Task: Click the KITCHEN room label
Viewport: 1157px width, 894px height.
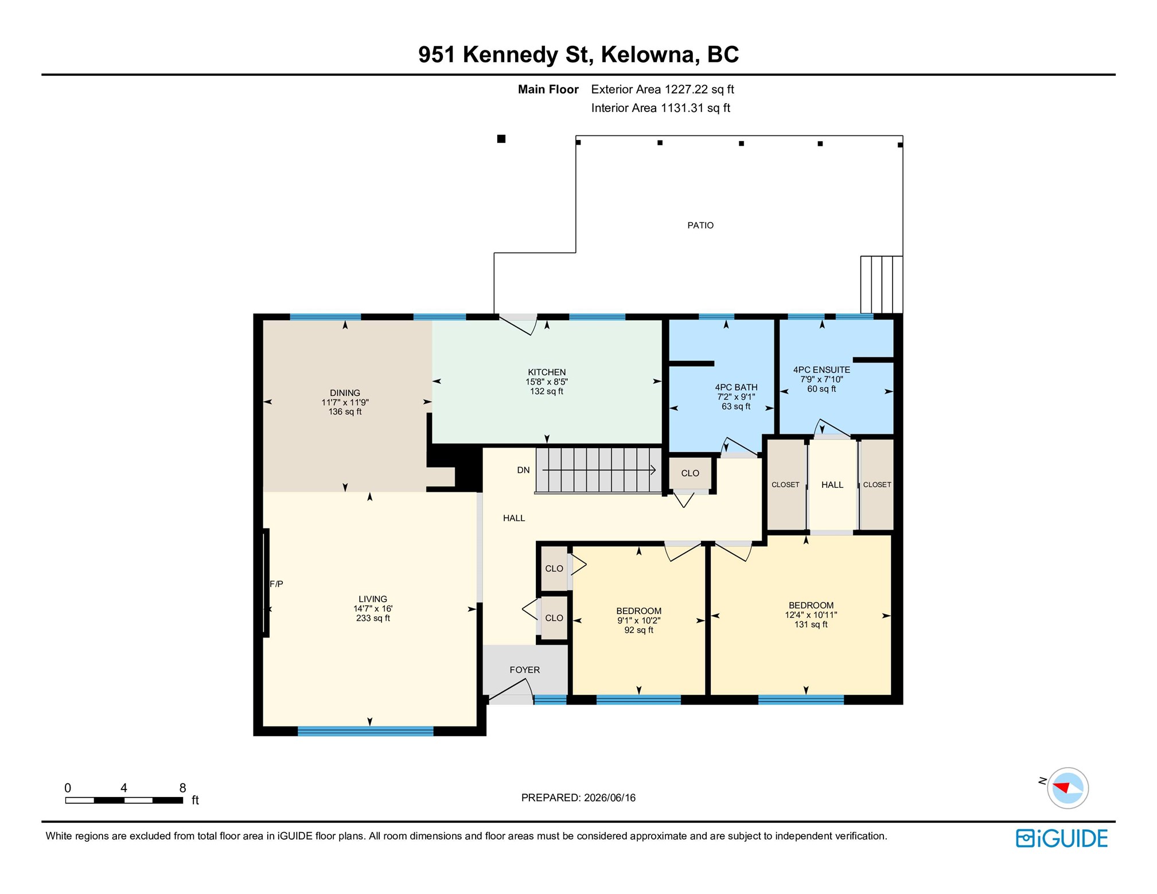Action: (547, 372)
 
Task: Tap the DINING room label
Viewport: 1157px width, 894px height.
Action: (345, 393)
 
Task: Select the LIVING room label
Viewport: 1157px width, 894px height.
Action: (373, 599)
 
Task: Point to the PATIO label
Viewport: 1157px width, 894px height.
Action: (700, 226)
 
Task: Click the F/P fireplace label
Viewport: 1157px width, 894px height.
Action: (276, 584)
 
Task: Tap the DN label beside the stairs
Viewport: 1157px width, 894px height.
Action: (523, 470)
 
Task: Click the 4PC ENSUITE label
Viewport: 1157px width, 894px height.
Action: (821, 370)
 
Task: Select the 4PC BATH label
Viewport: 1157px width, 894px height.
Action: (736, 387)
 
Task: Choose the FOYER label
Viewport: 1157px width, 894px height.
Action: (525, 670)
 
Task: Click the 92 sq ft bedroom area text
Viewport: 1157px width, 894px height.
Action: (638, 630)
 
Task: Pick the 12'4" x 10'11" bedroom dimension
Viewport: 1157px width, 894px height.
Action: (811, 615)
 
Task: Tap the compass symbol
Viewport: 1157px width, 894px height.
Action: (1067, 788)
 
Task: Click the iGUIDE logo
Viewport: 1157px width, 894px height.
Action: (1061, 838)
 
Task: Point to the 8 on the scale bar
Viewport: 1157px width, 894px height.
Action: (182, 788)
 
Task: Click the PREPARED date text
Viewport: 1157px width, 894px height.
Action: (578, 798)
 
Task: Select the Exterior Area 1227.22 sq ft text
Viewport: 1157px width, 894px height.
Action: (663, 90)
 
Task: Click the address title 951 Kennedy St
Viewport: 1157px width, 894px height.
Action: (504, 55)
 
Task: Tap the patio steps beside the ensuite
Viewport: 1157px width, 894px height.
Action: (882, 285)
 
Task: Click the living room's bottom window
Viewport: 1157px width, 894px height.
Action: (365, 731)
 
